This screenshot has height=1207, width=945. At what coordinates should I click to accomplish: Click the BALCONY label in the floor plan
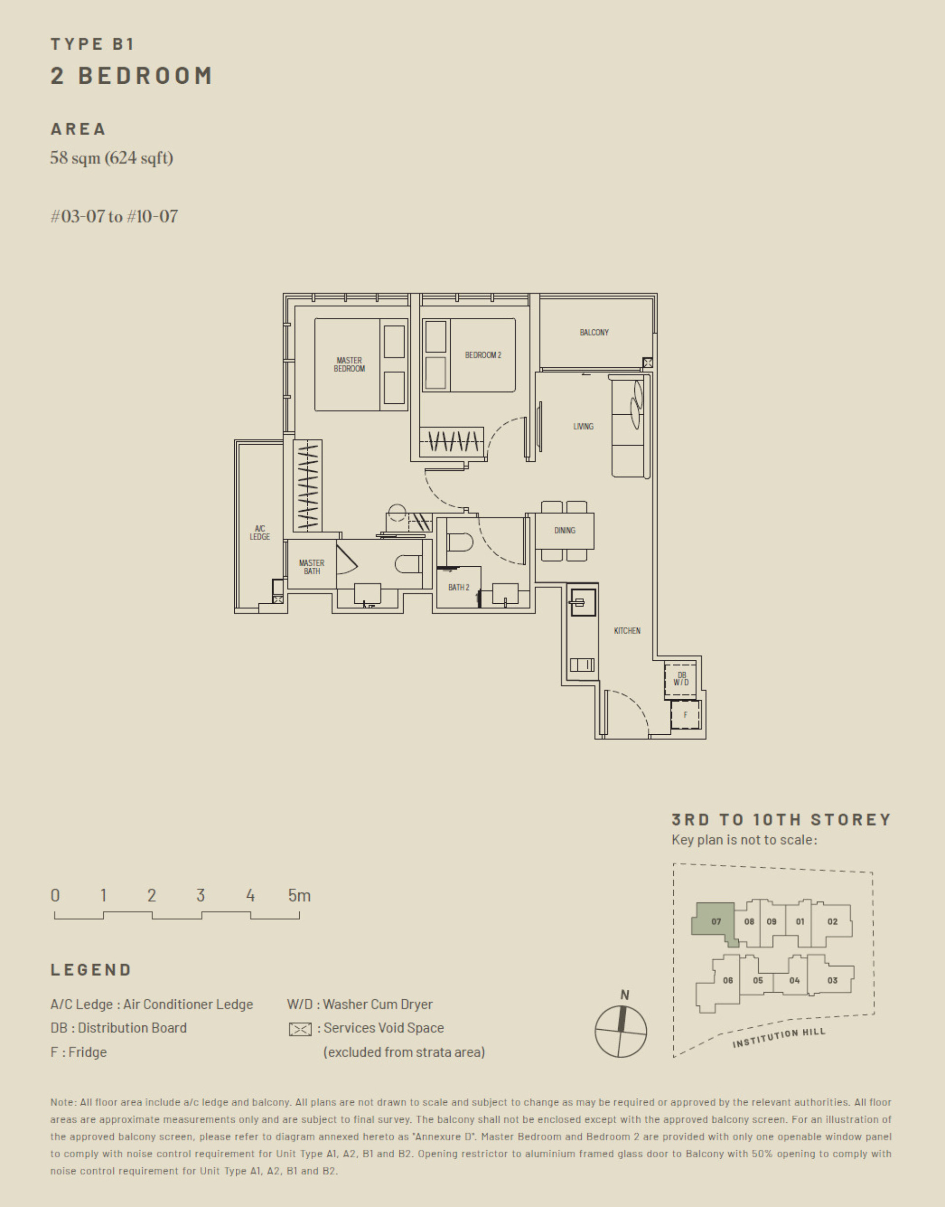[x=594, y=332]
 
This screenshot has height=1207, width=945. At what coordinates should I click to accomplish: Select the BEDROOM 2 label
[x=482, y=355]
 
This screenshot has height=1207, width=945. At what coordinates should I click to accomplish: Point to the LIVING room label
[x=583, y=426]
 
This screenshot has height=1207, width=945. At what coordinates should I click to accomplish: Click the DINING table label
[x=565, y=530]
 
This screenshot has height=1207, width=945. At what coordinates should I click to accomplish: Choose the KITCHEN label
[x=627, y=630]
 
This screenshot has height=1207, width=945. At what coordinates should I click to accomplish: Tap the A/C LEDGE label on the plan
[x=259, y=532]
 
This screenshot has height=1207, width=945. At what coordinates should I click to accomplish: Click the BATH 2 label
[x=458, y=587]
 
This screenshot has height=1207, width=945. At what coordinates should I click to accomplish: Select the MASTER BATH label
[x=312, y=567]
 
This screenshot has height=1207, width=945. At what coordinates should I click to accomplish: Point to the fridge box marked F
[x=685, y=715]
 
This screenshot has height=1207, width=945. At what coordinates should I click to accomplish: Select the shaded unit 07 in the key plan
[x=715, y=921]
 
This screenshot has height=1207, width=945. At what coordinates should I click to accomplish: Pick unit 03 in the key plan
[x=832, y=980]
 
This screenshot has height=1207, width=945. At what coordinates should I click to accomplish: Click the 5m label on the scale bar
[x=299, y=895]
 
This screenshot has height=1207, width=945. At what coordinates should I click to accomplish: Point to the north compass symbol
[x=620, y=1031]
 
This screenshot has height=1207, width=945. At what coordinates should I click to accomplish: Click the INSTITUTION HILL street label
[x=779, y=1038]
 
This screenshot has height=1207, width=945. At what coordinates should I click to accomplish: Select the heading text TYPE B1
[x=93, y=44]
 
